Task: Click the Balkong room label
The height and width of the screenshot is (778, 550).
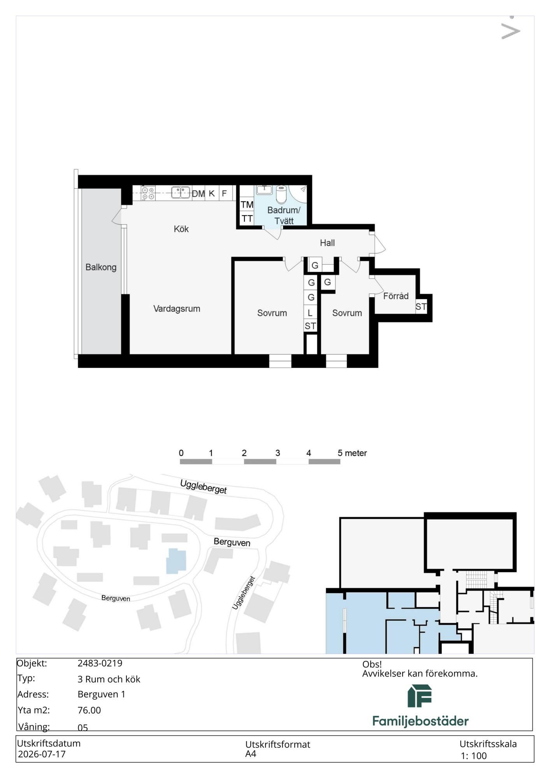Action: (101, 267)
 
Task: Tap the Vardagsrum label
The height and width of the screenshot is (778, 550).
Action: (177, 309)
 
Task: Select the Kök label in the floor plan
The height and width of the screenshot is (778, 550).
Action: (181, 229)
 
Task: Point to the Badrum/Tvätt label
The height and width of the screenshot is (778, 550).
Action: (284, 216)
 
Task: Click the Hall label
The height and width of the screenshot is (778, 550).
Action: (327, 243)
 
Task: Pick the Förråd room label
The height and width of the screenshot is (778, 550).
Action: (396, 296)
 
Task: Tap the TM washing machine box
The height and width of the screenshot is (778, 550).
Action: (247, 205)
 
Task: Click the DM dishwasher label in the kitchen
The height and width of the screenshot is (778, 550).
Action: (198, 193)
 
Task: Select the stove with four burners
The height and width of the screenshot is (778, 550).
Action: (148, 193)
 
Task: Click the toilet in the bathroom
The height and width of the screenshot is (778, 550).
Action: (281, 194)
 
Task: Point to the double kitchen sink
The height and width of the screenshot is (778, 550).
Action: (181, 193)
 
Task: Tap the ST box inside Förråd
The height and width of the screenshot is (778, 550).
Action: (421, 307)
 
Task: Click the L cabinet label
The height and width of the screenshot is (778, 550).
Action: (310, 313)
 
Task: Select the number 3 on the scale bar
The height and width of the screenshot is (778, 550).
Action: (278, 453)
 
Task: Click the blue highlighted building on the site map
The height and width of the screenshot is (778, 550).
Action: (176, 561)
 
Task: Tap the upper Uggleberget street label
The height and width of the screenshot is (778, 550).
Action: (204, 487)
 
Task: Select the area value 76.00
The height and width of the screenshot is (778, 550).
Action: (89, 710)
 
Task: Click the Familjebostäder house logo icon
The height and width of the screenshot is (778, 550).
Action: (420, 696)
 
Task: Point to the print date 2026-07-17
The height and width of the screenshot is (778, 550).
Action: (42, 754)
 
